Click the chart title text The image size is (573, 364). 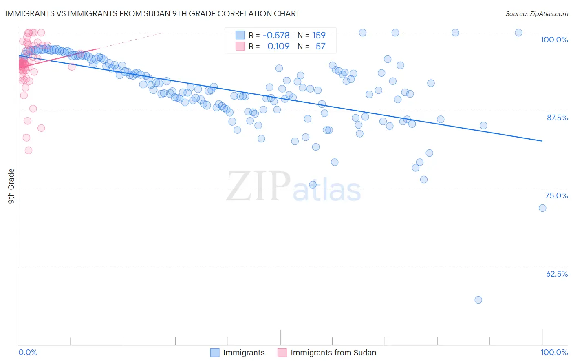click(x=152, y=14)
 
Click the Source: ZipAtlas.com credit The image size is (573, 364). click(x=536, y=14)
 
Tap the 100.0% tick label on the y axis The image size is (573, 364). click(x=554, y=40)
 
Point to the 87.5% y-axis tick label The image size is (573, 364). click(x=557, y=118)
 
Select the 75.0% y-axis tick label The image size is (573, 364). click(x=556, y=195)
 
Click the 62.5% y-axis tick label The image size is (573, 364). click(x=557, y=274)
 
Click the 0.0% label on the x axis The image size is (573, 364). click(x=28, y=352)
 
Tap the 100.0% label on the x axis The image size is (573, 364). click(x=554, y=352)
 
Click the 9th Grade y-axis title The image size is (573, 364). click(x=11, y=186)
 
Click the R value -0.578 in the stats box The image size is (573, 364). click(x=276, y=36)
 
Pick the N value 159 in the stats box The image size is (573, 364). click(x=318, y=36)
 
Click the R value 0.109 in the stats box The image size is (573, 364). click(x=278, y=47)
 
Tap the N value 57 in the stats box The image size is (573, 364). click(x=320, y=47)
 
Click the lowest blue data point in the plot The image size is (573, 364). click(x=478, y=300)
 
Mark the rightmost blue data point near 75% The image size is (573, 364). click(x=542, y=208)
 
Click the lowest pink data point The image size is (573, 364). click(x=29, y=151)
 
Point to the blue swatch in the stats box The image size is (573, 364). click(x=240, y=36)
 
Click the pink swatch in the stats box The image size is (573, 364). click(x=240, y=47)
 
